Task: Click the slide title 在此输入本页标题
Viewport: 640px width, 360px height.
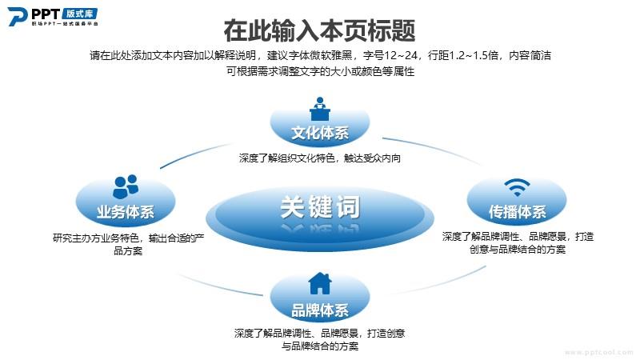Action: pos(319,30)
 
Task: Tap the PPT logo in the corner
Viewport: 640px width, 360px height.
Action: pos(53,16)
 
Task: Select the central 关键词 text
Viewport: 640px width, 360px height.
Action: pos(320,207)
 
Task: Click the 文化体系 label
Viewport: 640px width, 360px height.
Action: pos(320,133)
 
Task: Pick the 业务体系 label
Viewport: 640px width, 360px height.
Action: pos(126,211)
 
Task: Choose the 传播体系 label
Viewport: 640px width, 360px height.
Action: pos(517,211)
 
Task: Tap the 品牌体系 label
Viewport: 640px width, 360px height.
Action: pos(320,310)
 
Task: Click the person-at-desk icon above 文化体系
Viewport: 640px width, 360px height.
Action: pos(319,109)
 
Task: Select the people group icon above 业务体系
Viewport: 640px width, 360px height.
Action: pos(126,186)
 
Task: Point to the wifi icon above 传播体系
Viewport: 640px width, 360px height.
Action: pos(517,187)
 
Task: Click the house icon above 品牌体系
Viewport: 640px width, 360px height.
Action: pos(320,283)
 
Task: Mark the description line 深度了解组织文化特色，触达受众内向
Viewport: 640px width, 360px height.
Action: pos(320,158)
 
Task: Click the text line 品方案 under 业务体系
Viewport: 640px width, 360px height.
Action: pos(128,250)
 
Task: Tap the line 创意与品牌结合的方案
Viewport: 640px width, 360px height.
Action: pos(518,249)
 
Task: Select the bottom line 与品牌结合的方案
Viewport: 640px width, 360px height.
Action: pos(320,346)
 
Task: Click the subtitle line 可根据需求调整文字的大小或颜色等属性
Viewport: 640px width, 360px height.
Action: pos(321,71)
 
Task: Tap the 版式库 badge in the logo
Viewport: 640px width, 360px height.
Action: pos(80,14)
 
